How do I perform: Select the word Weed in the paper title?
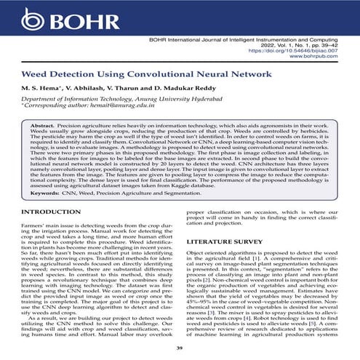tap(37, 74)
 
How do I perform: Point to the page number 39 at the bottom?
tap(180, 351)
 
